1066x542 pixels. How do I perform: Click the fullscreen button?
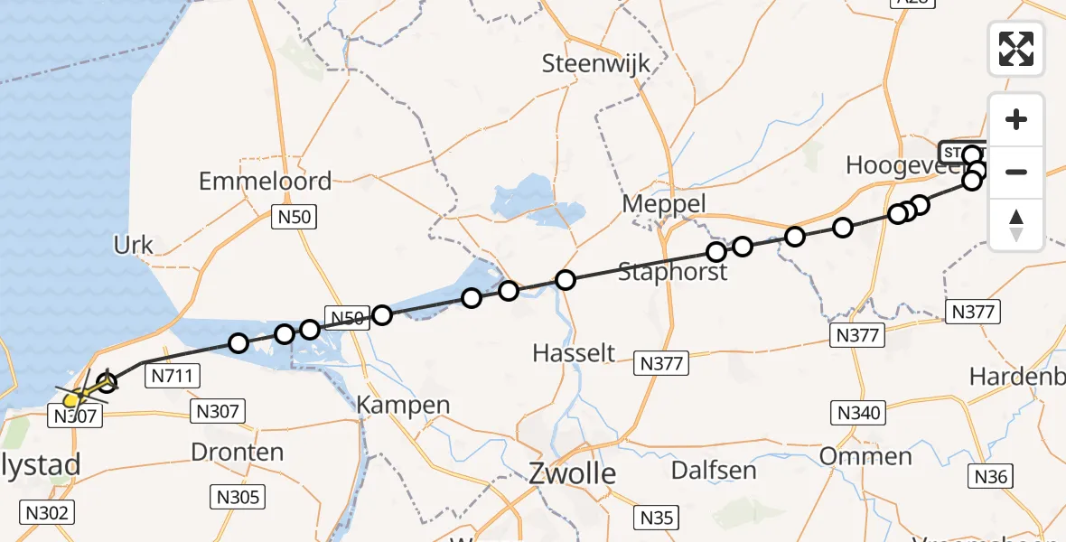tap(1016, 48)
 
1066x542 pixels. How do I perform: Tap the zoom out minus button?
tap(1016, 172)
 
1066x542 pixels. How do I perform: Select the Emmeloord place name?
tap(265, 181)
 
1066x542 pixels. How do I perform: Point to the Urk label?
tap(133, 245)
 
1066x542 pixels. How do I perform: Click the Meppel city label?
tap(664, 204)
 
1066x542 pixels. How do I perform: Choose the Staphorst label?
tap(673, 271)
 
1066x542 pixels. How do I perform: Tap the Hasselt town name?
tap(574, 352)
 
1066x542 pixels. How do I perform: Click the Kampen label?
tap(404, 405)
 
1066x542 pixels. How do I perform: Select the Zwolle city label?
tap(573, 472)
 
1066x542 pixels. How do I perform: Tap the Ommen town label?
tap(865, 455)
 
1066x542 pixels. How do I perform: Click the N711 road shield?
tap(172, 376)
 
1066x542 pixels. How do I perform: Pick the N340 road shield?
tap(856, 414)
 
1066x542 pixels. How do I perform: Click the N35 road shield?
tap(657, 518)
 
